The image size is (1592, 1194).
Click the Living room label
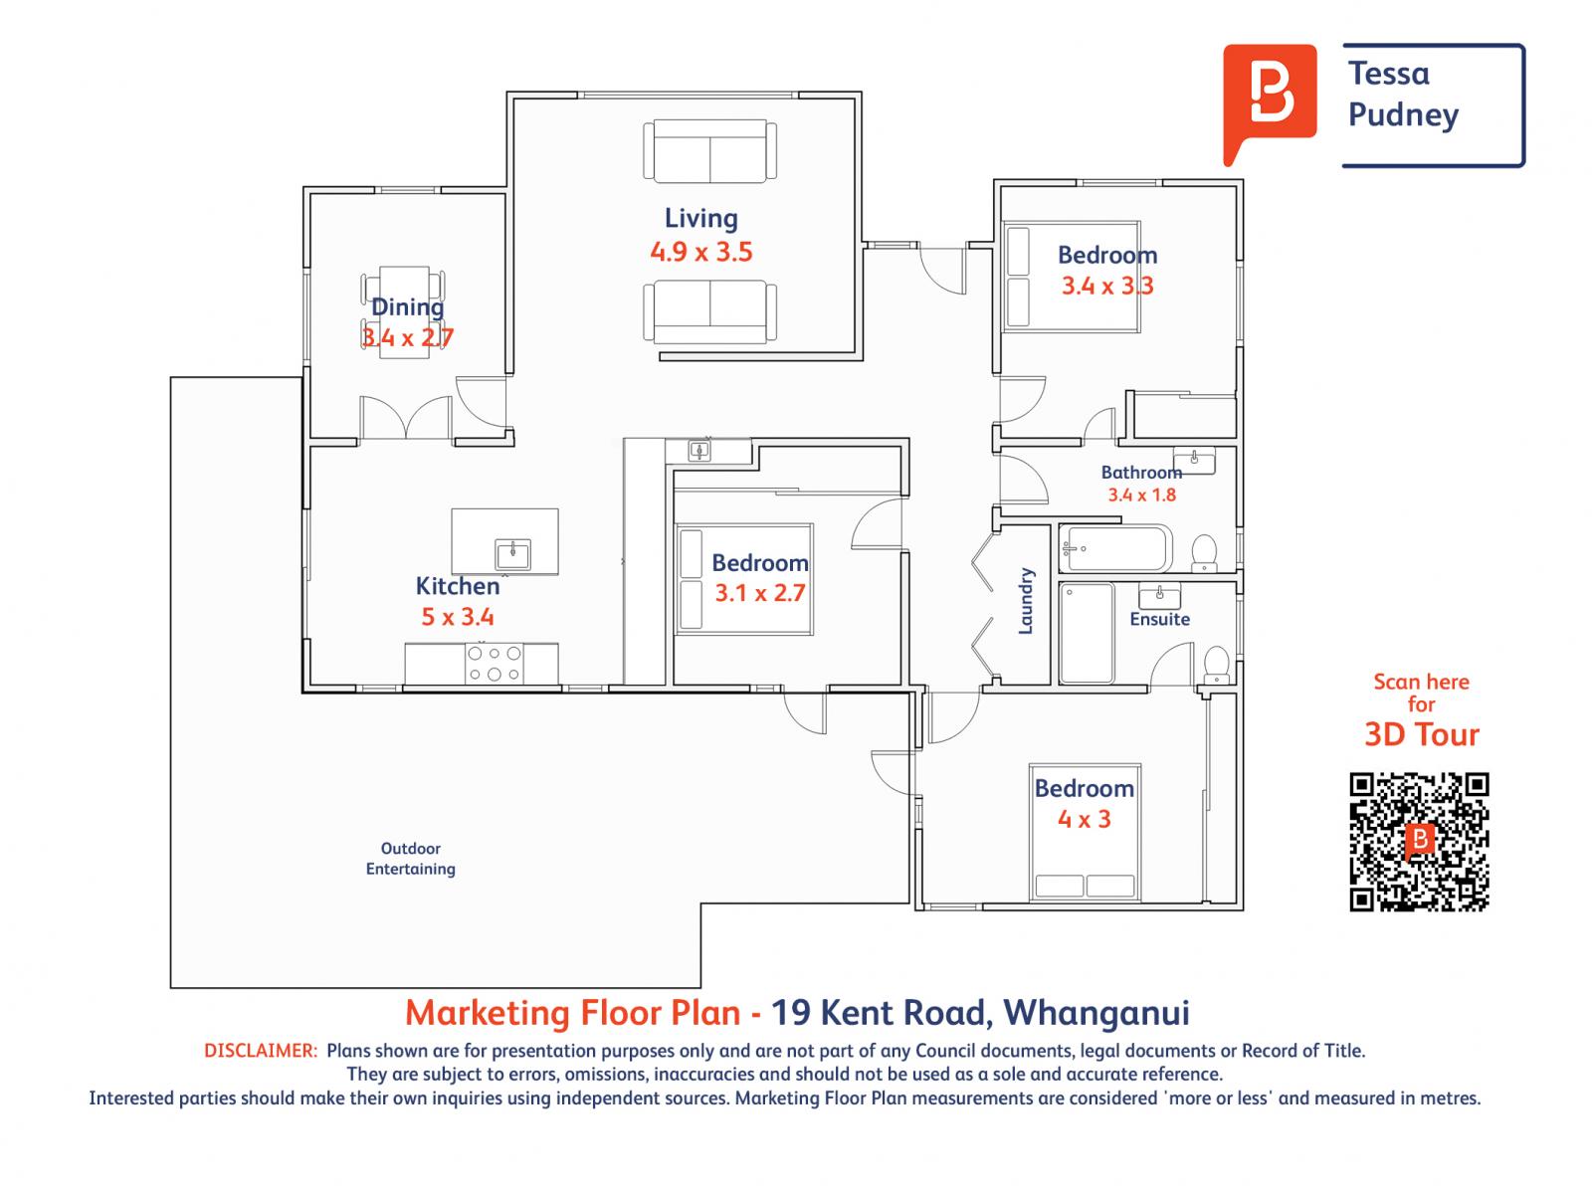pyautogui.click(x=700, y=218)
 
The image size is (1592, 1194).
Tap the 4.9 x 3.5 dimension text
pyautogui.click(x=700, y=252)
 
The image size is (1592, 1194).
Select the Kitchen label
pyautogui.click(x=457, y=586)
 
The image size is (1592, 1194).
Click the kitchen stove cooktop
pyautogui.click(x=495, y=664)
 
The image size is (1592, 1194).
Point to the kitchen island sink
pyautogui.click(x=512, y=553)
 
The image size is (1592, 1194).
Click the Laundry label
pyautogui.click(x=1027, y=601)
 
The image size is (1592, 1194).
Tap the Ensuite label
pyautogui.click(x=1159, y=619)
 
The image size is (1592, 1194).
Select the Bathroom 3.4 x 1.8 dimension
pyautogui.click(x=1141, y=495)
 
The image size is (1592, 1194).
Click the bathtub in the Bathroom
pyautogui.click(x=1115, y=548)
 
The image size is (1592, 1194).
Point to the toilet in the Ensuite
pyautogui.click(x=1217, y=664)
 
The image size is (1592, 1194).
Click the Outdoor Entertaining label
pyautogui.click(x=410, y=859)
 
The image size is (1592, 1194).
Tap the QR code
pyautogui.click(x=1419, y=841)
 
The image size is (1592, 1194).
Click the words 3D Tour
pyautogui.click(x=1421, y=734)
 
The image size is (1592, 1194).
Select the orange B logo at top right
pyautogui.click(x=1269, y=99)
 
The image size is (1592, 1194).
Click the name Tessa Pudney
pyautogui.click(x=1403, y=95)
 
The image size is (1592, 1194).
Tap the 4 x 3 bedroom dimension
pyautogui.click(x=1084, y=819)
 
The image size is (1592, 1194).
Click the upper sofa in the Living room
pyautogui.click(x=709, y=150)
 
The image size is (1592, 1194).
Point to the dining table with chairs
pyautogui.click(x=403, y=309)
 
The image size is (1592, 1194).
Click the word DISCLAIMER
pyautogui.click(x=261, y=1051)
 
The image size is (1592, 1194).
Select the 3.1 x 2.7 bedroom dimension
pyautogui.click(x=759, y=594)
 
